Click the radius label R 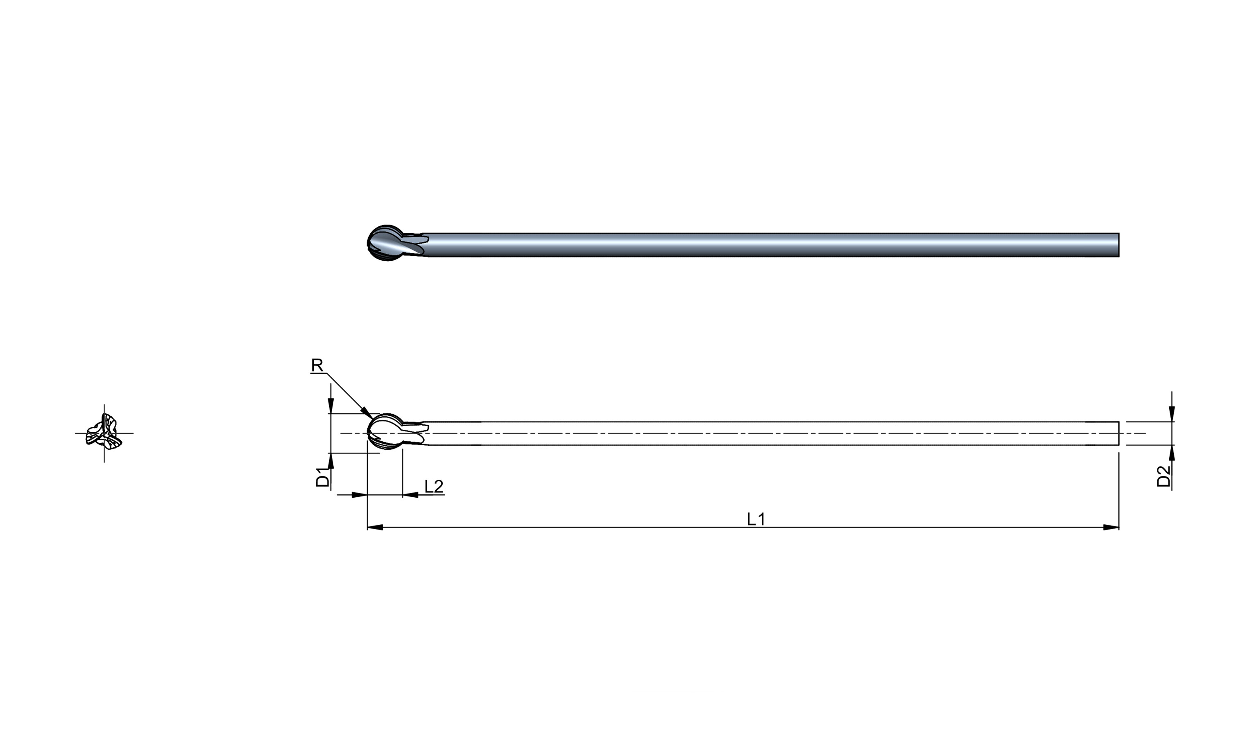click(317, 365)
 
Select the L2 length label click(434, 486)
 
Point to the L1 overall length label click(756, 519)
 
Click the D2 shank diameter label click(1163, 477)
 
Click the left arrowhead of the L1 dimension click(375, 527)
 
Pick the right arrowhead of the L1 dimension click(1111, 527)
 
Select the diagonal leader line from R click(347, 393)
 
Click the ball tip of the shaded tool click(385, 243)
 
